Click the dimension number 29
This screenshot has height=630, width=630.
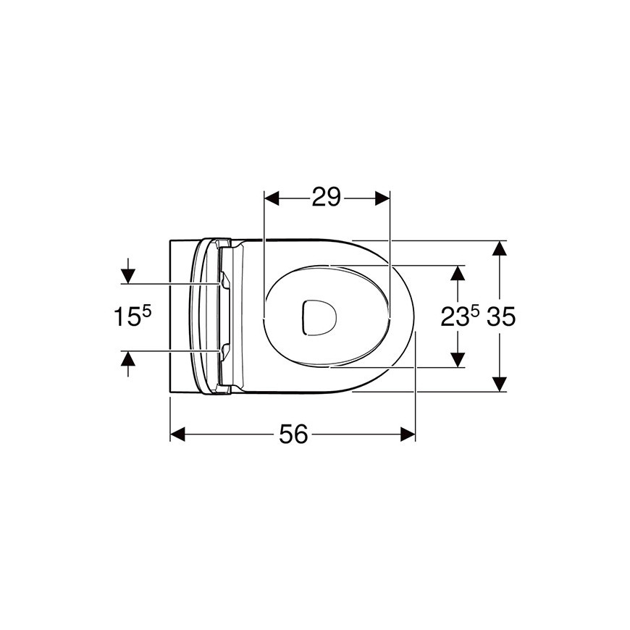(327, 197)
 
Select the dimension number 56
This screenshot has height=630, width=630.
(293, 434)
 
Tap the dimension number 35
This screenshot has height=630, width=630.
(501, 316)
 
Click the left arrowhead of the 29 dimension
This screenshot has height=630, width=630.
(272, 198)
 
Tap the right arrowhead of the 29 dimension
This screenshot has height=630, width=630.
(382, 198)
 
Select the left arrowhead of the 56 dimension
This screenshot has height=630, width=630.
(177, 434)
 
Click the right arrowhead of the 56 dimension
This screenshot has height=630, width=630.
(408, 434)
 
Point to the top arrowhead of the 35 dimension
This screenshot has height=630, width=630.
(499, 248)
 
